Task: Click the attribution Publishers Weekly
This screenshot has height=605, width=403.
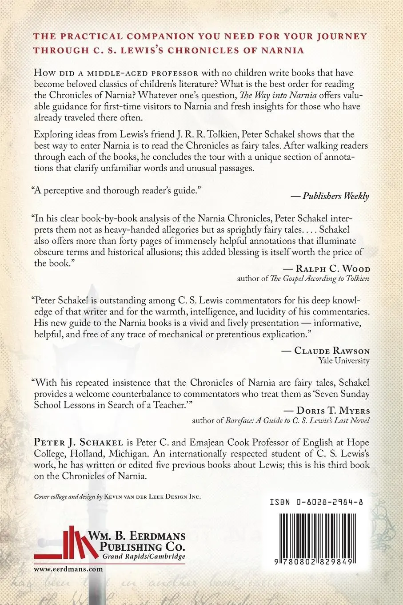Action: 336,196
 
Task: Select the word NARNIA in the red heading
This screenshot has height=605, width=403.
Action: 283,50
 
